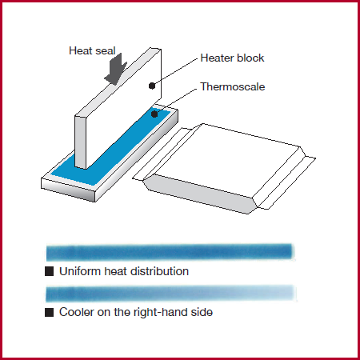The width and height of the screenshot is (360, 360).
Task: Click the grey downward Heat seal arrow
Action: [x=116, y=69]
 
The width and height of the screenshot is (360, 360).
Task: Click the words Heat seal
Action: [x=92, y=50]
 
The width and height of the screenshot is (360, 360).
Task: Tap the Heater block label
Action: [x=232, y=58]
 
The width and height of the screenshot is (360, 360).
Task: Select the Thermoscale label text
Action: [x=233, y=86]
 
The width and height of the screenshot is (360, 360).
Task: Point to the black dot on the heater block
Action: [x=152, y=86]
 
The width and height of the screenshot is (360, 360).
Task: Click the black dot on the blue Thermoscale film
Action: [x=154, y=114]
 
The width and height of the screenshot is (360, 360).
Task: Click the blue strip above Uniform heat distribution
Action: [x=170, y=252]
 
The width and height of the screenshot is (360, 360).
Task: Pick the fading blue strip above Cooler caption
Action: [x=170, y=294]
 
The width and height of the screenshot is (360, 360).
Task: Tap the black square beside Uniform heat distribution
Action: [x=49, y=271]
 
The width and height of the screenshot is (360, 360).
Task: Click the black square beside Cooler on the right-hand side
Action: [x=49, y=312]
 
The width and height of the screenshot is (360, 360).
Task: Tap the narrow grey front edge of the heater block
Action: [x=81, y=142]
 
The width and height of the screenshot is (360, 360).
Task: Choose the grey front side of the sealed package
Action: [x=198, y=194]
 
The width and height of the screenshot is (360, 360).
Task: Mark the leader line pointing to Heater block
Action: [x=175, y=72]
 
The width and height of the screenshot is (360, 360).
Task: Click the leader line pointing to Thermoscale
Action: [x=176, y=102]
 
